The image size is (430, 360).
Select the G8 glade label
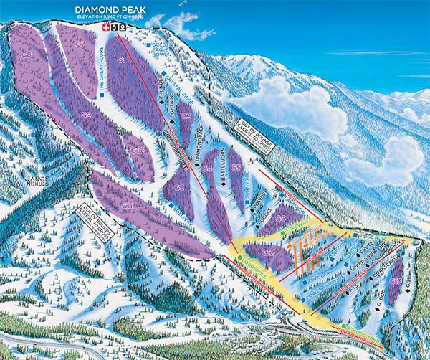pyautogui.click(x=26, y=55)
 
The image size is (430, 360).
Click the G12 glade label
pyautogui.click(x=268, y=252)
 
